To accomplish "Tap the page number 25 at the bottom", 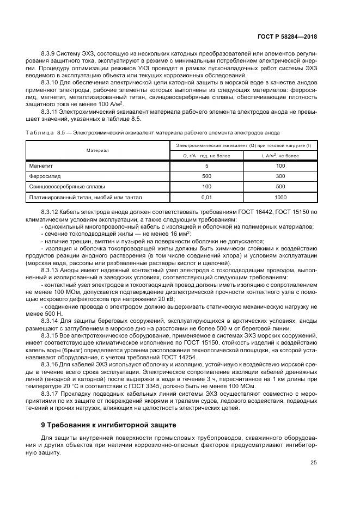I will tap(314, 463).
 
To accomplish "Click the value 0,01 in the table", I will tap(206, 198).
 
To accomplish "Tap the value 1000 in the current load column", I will tap(280, 198).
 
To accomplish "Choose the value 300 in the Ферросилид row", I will tap(280, 176).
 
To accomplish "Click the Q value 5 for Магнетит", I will tap(206, 165).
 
